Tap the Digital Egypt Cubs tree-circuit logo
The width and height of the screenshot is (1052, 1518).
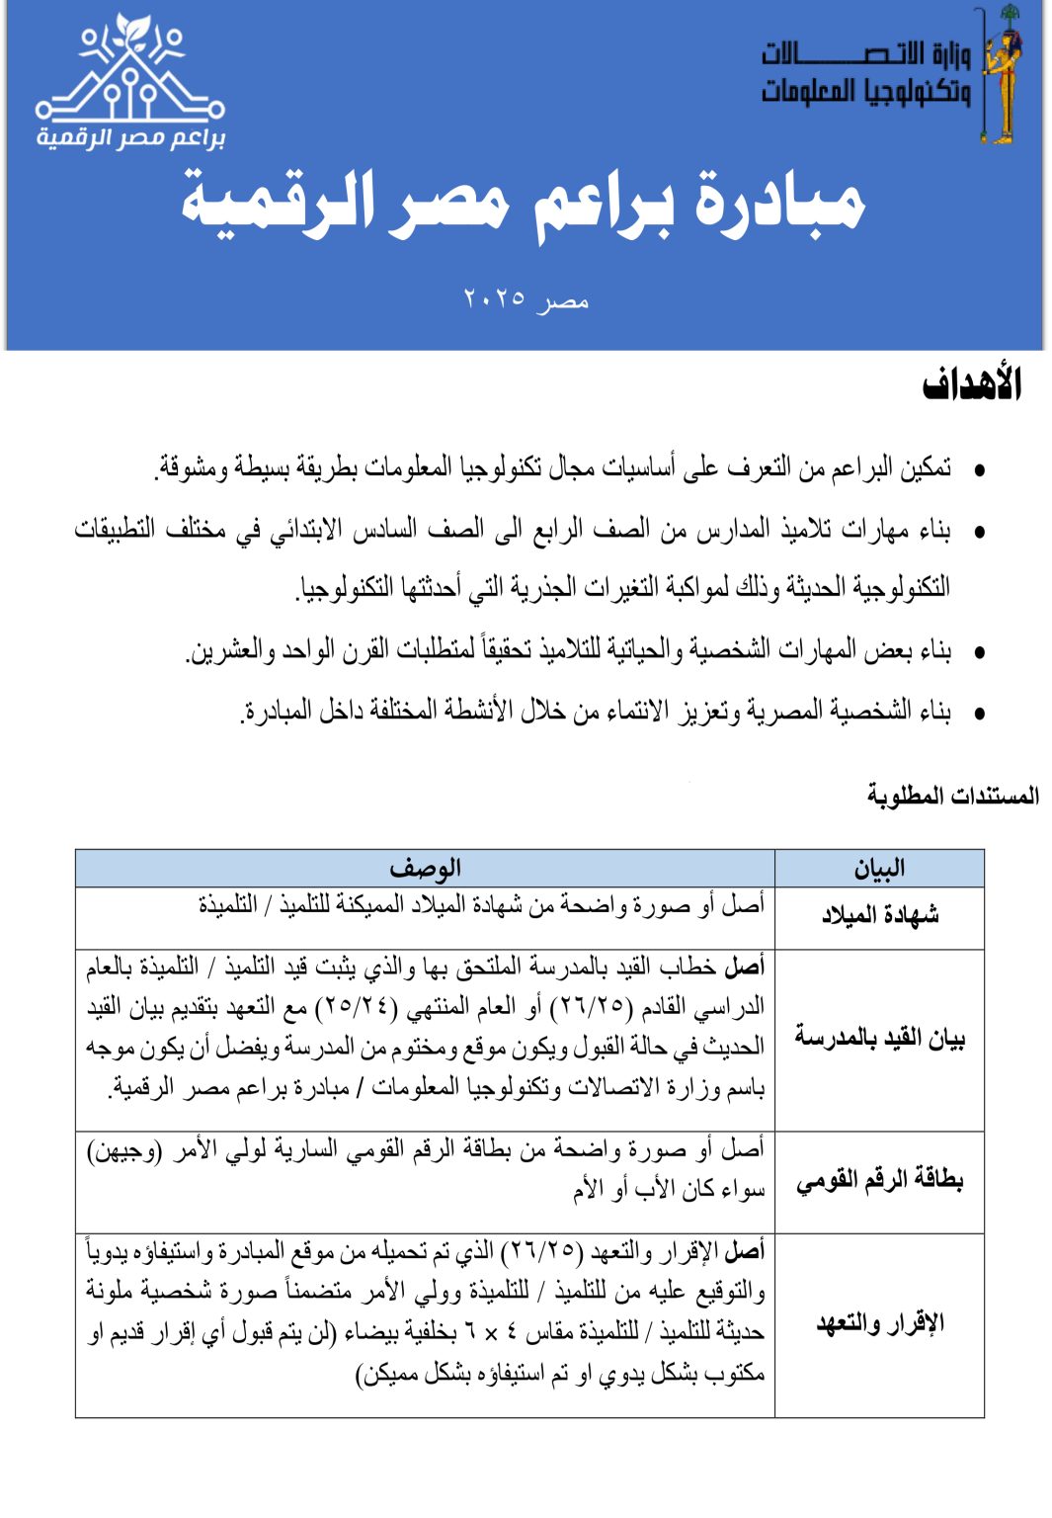(x=130, y=81)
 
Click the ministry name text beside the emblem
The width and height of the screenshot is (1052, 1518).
(x=865, y=71)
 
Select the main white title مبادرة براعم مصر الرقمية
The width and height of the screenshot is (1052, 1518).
(x=523, y=206)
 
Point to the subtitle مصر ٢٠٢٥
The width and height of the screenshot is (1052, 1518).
(x=526, y=298)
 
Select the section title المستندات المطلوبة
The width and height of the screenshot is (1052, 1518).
(x=952, y=795)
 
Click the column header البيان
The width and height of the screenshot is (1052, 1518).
(x=879, y=868)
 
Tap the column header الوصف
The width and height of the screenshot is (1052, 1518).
(x=425, y=868)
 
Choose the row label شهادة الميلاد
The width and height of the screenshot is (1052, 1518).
(x=879, y=915)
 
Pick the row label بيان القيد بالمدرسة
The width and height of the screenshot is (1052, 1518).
(x=879, y=1038)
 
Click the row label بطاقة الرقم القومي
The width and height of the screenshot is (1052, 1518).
(x=879, y=1180)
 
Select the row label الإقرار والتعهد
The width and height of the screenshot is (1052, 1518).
(x=879, y=1322)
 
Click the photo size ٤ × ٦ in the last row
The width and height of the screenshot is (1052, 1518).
(x=490, y=1332)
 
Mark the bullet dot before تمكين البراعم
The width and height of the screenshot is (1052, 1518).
(x=979, y=470)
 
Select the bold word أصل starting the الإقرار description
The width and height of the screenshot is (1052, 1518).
(x=745, y=1251)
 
